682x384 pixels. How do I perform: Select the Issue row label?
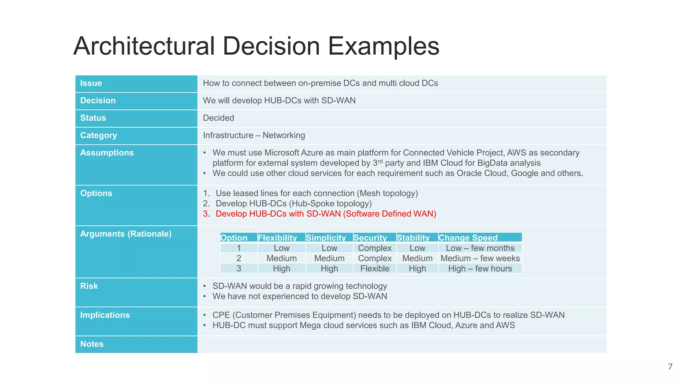pos(91,83)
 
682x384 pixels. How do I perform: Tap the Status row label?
pos(93,118)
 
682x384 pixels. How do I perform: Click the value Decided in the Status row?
pos(218,118)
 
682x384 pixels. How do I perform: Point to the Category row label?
pos(99,135)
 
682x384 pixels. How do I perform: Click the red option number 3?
pos(206,214)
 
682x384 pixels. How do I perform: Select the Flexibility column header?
pos(277,238)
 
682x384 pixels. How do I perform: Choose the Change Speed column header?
pos(468,238)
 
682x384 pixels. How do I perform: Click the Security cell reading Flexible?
pos(375,269)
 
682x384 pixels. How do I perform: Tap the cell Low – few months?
pos(480,248)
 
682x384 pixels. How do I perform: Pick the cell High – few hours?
pos(480,269)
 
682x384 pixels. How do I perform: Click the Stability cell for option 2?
pos(417,258)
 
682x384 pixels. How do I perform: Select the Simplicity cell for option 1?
pos(329,248)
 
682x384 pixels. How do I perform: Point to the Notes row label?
pos(92,344)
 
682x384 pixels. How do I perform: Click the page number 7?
pos(670,367)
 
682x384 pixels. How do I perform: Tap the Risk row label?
pos(89,286)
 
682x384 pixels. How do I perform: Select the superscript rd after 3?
pos(380,161)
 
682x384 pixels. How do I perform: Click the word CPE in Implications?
pos(220,315)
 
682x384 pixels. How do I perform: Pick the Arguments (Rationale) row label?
pos(126,234)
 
